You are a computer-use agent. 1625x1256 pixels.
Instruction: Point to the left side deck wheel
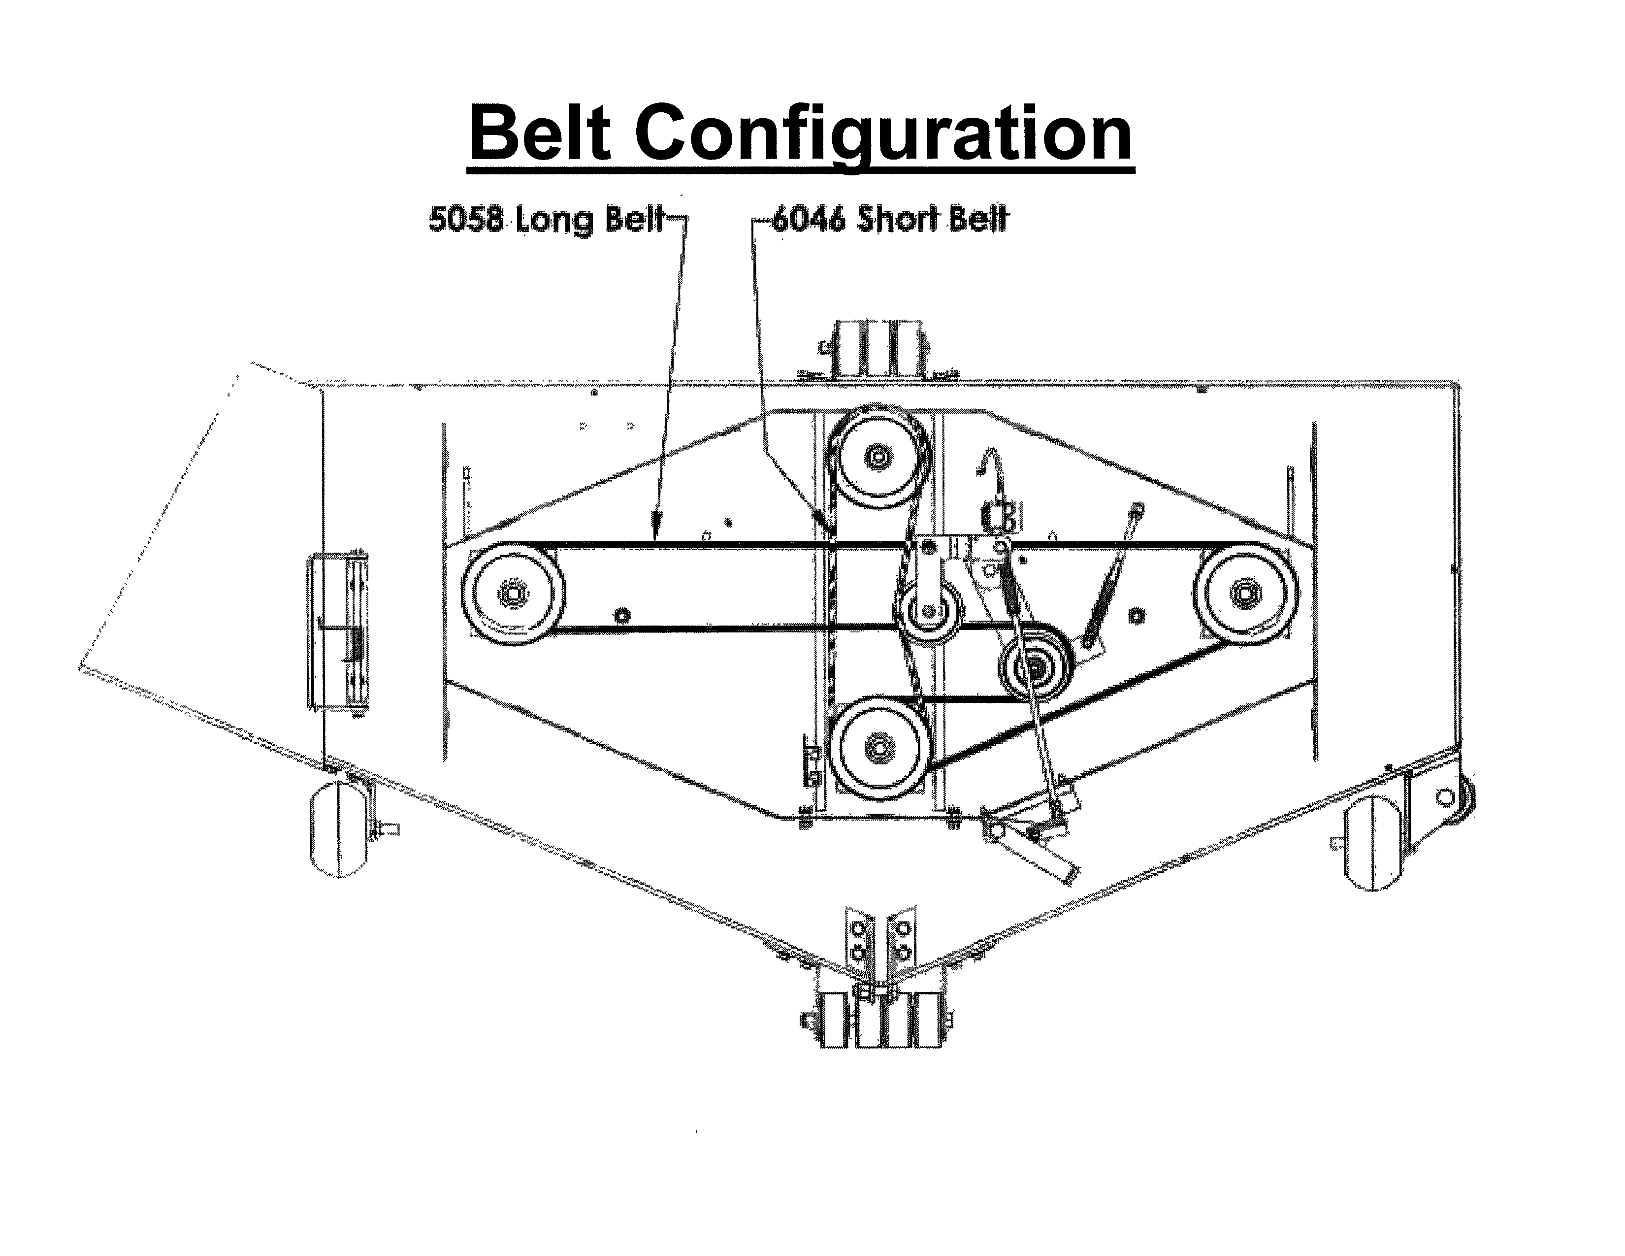(x=339, y=829)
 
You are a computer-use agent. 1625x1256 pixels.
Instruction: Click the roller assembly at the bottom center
(x=878, y=1020)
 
